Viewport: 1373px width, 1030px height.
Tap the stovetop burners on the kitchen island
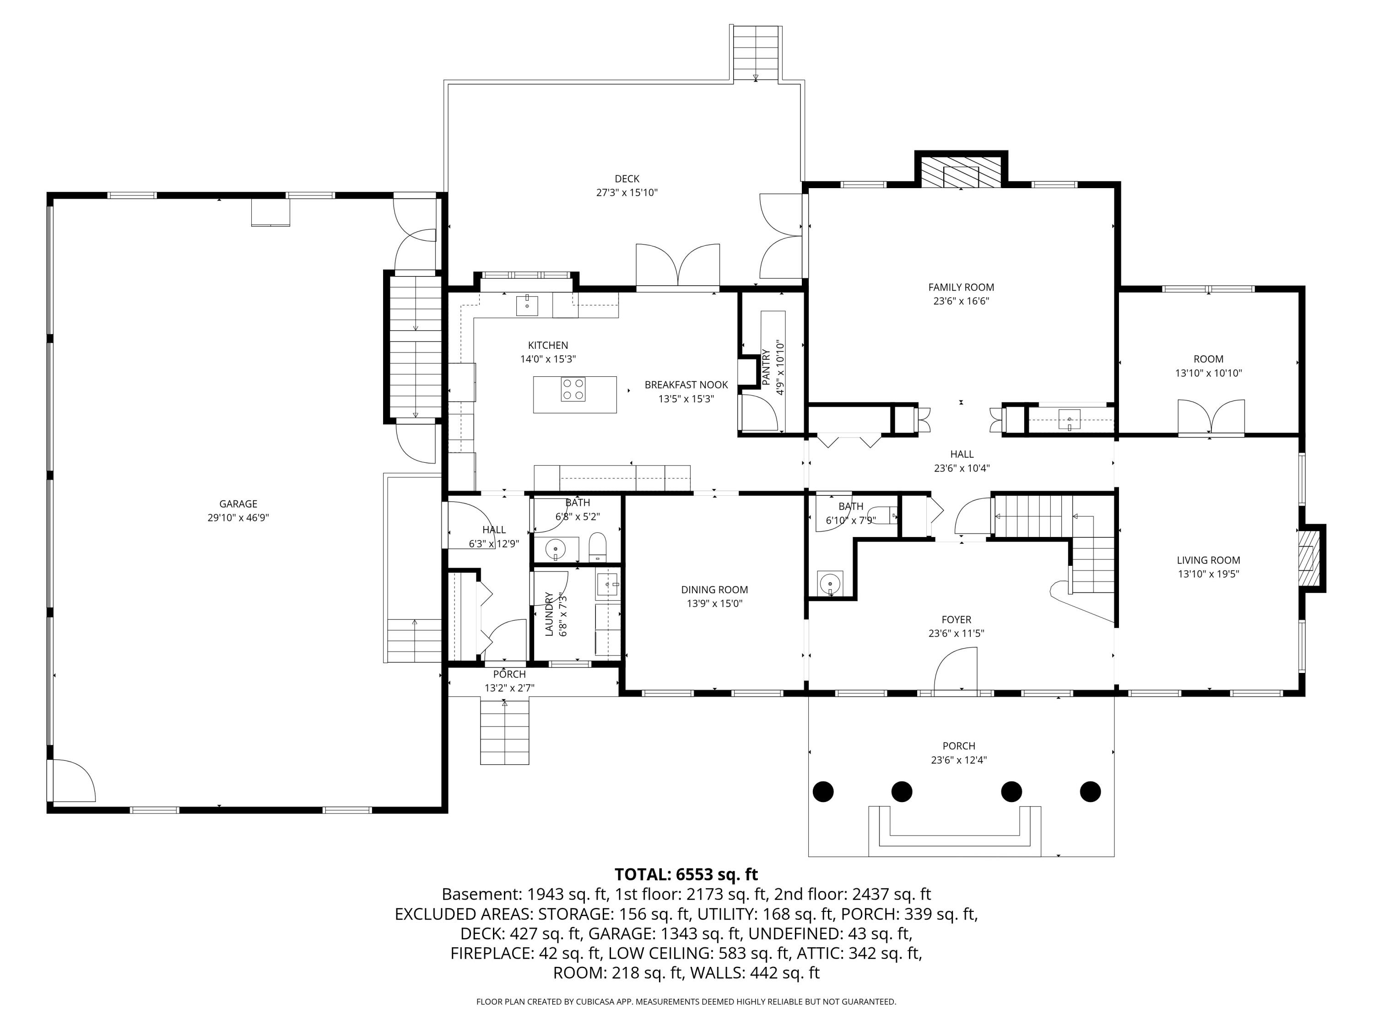[573, 389]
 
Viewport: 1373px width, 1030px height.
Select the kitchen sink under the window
[527, 305]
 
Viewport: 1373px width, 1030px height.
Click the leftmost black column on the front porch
[823, 791]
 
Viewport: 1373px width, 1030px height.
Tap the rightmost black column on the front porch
[1091, 791]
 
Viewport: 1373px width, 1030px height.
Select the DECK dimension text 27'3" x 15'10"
[627, 192]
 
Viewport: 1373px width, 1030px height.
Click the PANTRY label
[766, 368]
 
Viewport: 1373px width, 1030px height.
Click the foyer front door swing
[956, 669]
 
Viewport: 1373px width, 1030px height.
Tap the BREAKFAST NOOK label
[686, 385]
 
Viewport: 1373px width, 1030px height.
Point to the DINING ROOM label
[714, 590]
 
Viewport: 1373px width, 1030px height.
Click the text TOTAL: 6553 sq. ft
[686, 875]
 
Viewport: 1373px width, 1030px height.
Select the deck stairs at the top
[756, 54]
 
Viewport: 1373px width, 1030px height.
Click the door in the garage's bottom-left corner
[72, 781]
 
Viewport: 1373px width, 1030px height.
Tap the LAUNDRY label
[549, 614]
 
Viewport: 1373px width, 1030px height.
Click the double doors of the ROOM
[1211, 417]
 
